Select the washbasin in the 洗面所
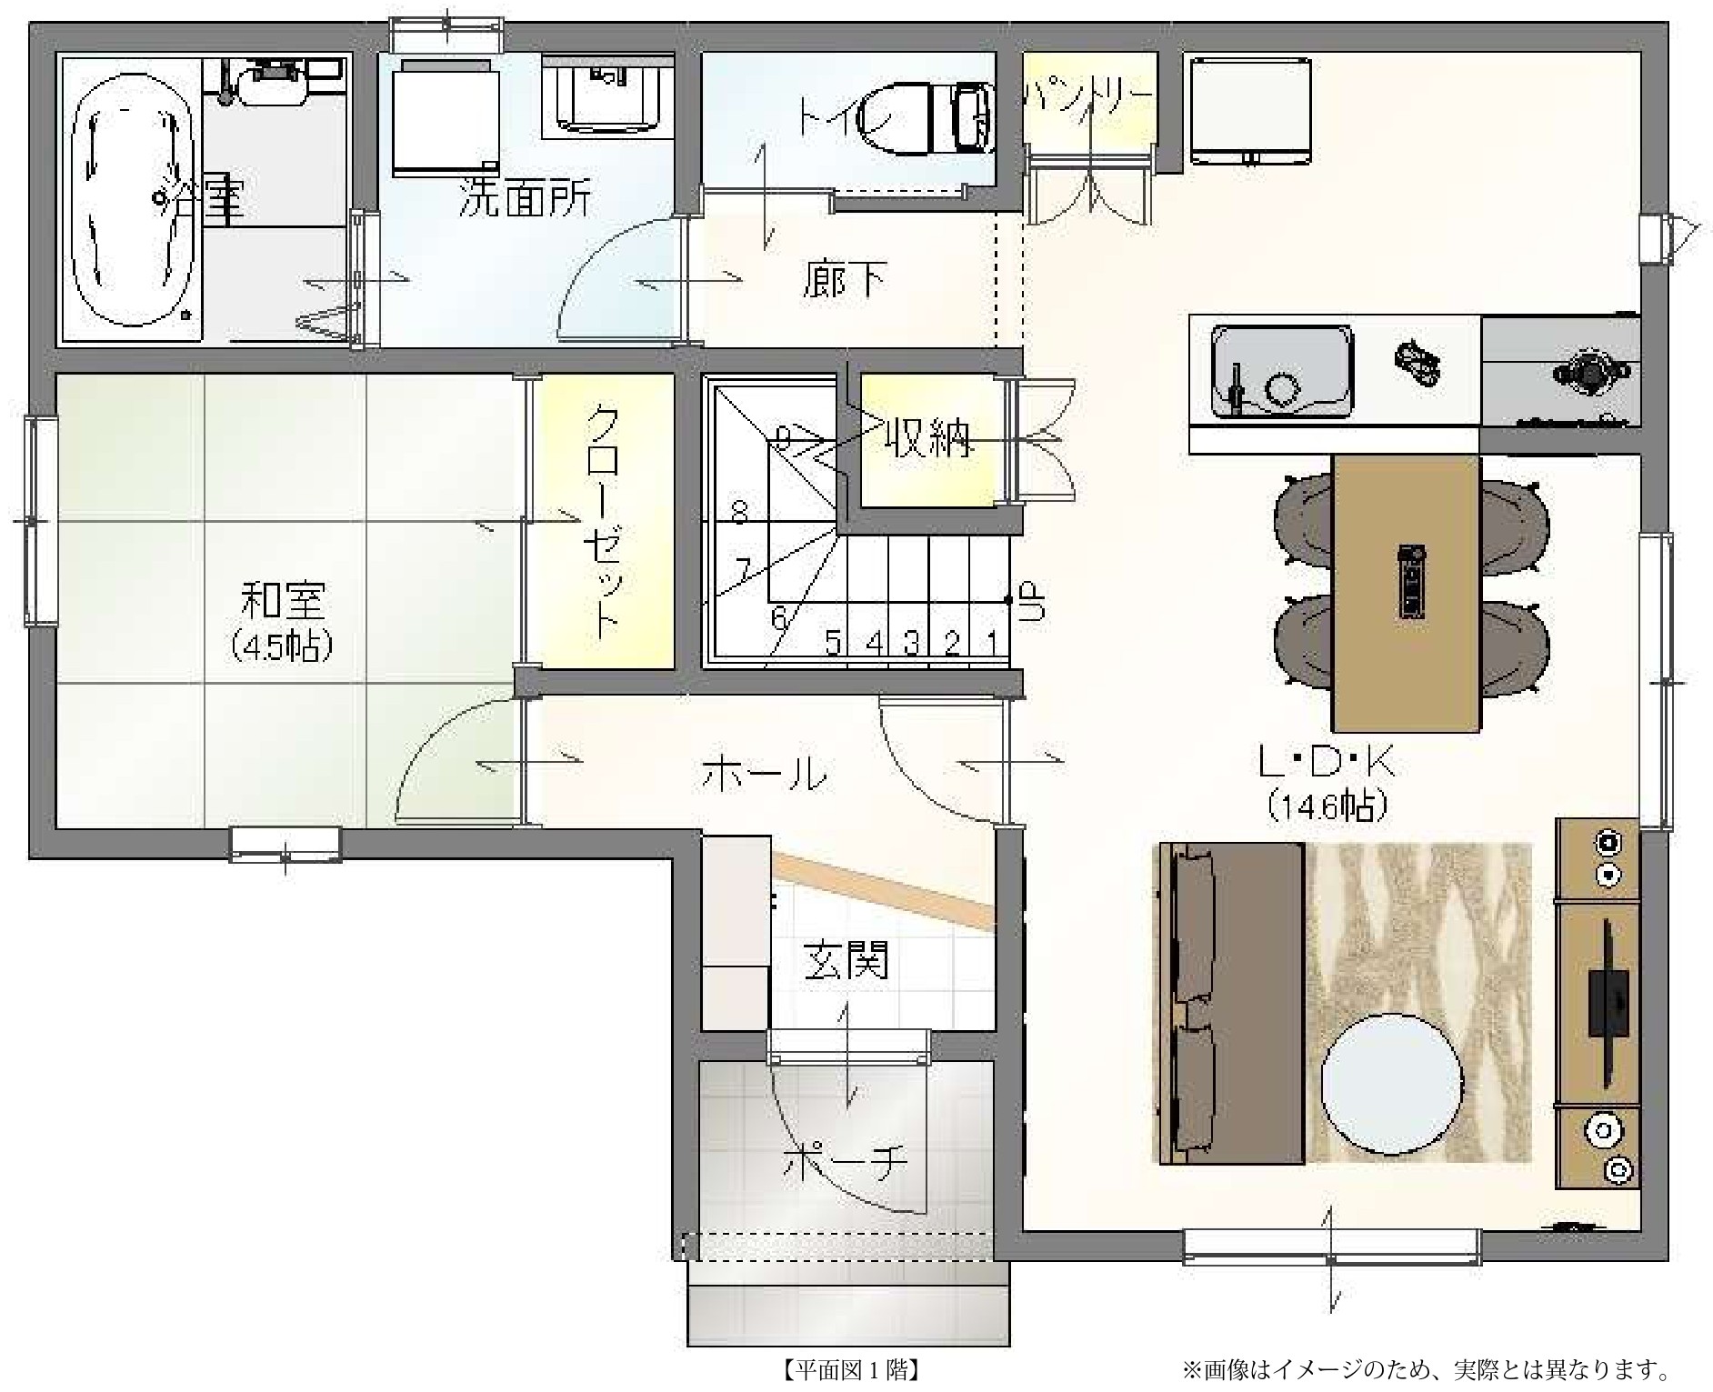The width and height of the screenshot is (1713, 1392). pyautogui.click(x=607, y=94)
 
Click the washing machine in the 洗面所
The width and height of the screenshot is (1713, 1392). pyautogui.click(x=446, y=117)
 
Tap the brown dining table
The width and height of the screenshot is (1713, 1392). pyautogui.click(x=1405, y=593)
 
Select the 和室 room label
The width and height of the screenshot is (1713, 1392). pyautogui.click(x=281, y=602)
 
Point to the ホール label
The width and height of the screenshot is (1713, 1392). pyautogui.click(x=764, y=775)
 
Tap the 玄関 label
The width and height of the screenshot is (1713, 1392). pyautogui.click(x=845, y=961)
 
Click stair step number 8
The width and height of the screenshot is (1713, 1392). pyautogui.click(x=739, y=515)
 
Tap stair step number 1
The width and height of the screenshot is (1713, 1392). pyautogui.click(x=993, y=644)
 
